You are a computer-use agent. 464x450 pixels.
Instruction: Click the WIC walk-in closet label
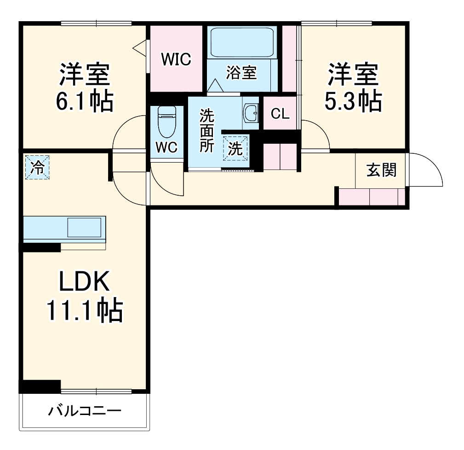click(176, 59)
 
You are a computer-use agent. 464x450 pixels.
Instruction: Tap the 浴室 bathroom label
click(241, 72)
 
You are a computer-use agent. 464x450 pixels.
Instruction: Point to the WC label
click(166, 147)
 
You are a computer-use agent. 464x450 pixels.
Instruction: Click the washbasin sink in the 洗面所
click(251, 113)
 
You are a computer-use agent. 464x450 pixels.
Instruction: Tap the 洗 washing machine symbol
click(235, 148)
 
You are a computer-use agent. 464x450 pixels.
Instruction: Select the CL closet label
click(280, 114)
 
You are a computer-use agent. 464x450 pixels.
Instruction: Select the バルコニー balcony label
click(85, 410)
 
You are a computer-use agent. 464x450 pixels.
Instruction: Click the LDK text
click(84, 282)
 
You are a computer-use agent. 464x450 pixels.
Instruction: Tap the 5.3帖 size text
click(353, 101)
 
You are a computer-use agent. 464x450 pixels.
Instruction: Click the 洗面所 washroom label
click(206, 131)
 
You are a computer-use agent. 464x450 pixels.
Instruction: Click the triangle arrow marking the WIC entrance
click(139, 47)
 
